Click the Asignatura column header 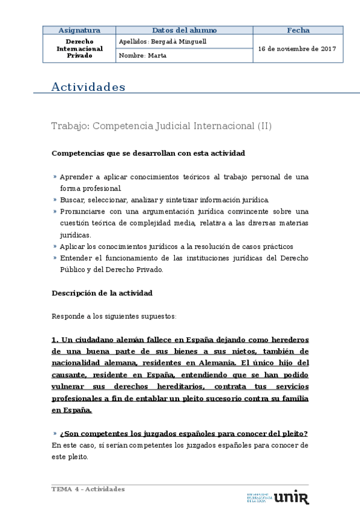(79, 30)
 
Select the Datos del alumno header (184, 30)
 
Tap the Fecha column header (298, 30)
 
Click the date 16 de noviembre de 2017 (297, 49)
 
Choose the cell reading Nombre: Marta (143, 55)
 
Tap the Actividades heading (88, 87)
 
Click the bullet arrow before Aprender (55, 177)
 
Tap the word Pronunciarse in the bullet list (82, 211)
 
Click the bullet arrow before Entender (55, 258)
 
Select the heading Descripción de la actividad (102, 293)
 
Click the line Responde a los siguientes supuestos (114, 316)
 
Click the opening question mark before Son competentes (62, 434)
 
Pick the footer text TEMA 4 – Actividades (88, 489)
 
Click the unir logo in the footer (291, 497)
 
